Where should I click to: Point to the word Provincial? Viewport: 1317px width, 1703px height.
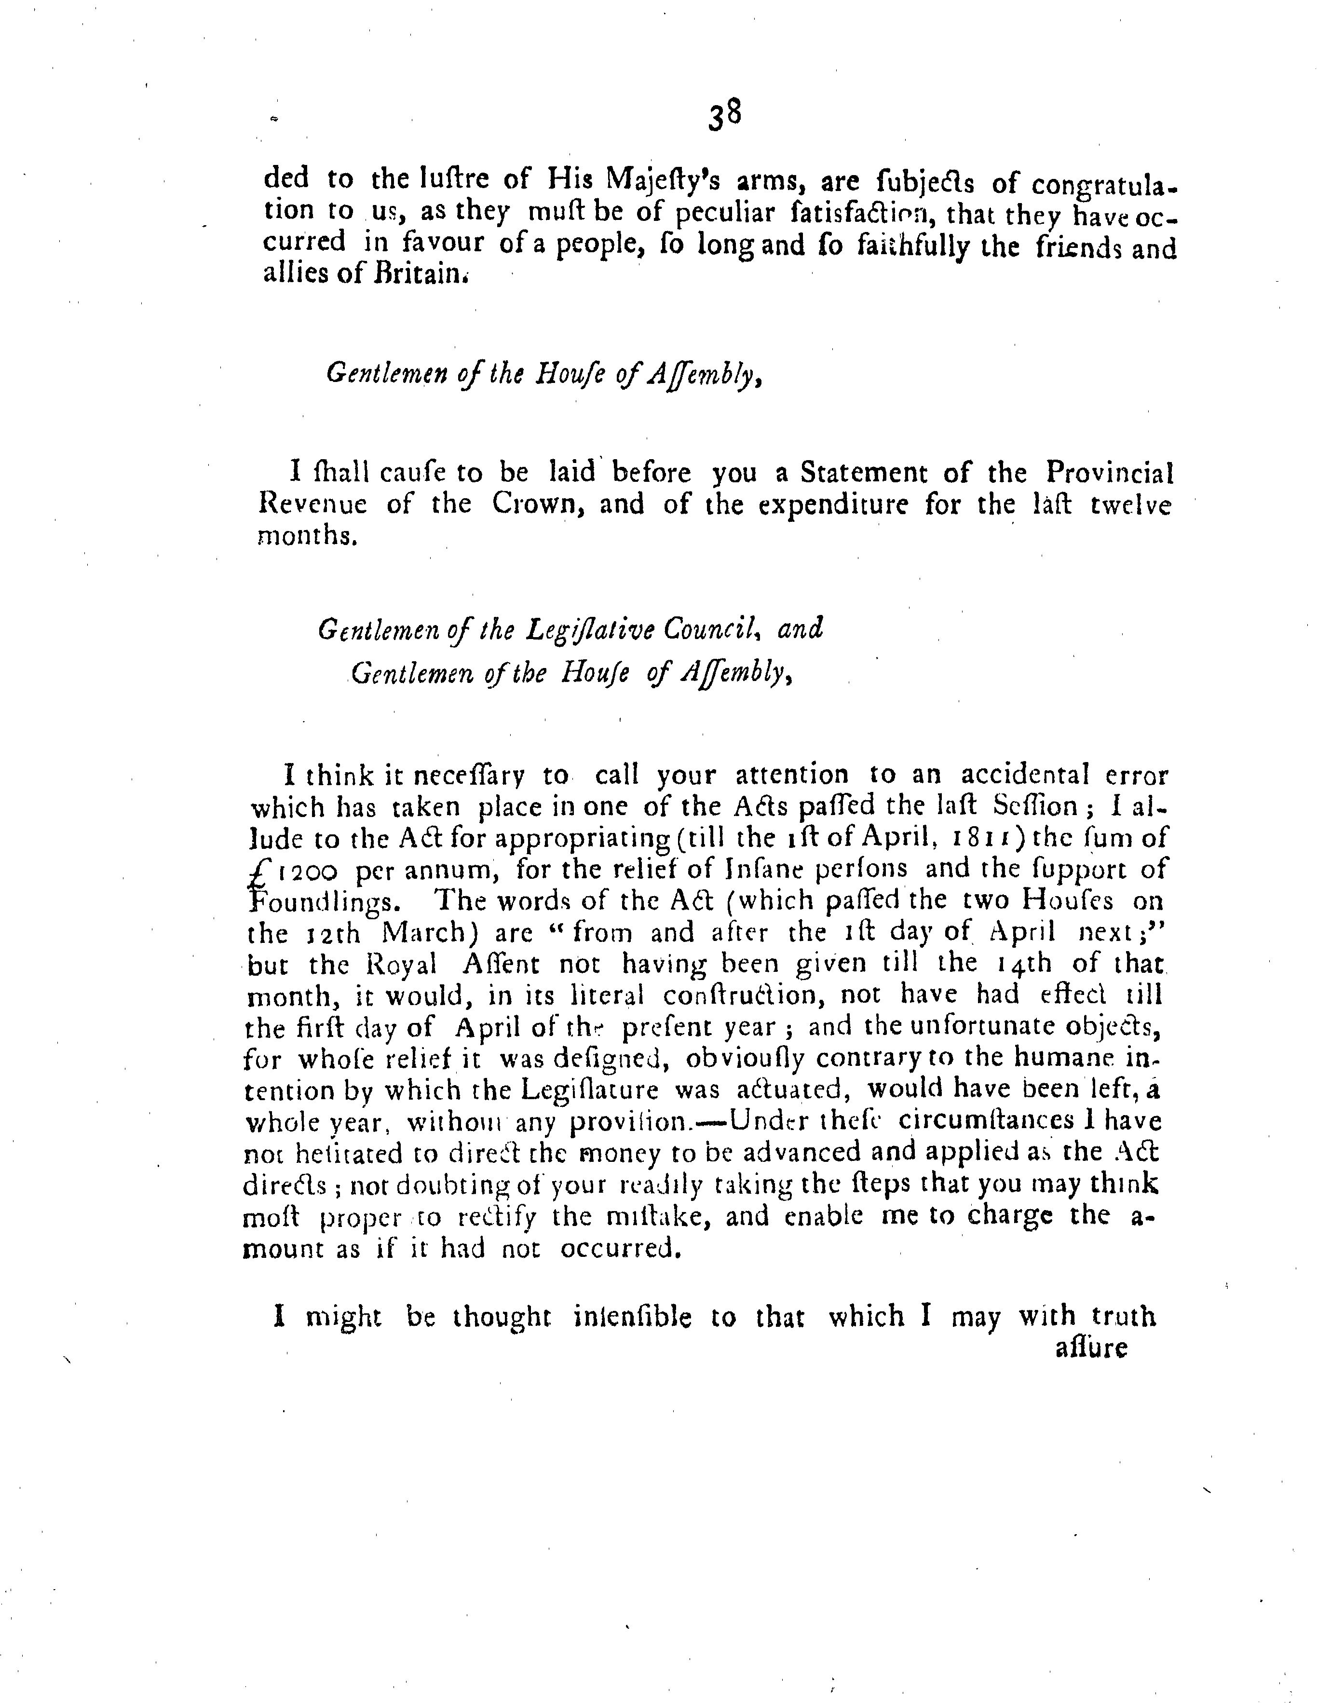1110,473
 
